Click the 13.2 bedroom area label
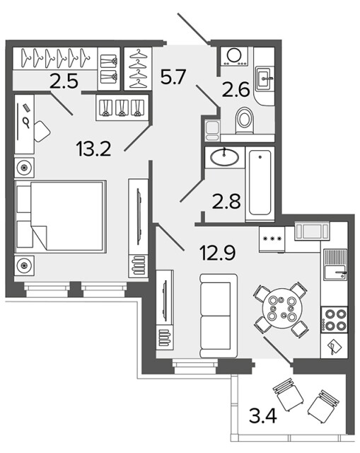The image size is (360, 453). tap(93, 149)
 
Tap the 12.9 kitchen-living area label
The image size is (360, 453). tap(218, 253)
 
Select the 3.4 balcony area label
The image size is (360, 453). tap(263, 416)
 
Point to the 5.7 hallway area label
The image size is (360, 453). tap(173, 76)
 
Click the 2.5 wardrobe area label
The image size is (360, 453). tap(64, 81)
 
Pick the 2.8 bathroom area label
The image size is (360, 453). tap(226, 201)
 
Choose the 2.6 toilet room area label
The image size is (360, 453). tap(236, 89)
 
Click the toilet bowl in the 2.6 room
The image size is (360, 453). tap(245, 120)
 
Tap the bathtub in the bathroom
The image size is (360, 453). tap(260, 183)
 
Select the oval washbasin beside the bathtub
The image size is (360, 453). tap(225, 157)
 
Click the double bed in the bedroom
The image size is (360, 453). tap(60, 217)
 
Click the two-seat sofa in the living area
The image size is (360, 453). tap(219, 316)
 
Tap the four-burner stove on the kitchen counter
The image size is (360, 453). tap(334, 319)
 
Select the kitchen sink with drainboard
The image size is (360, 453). tap(335, 265)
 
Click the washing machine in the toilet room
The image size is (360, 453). tap(234, 57)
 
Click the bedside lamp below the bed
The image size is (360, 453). tap(24, 265)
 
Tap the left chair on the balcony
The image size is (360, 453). tap(288, 395)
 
